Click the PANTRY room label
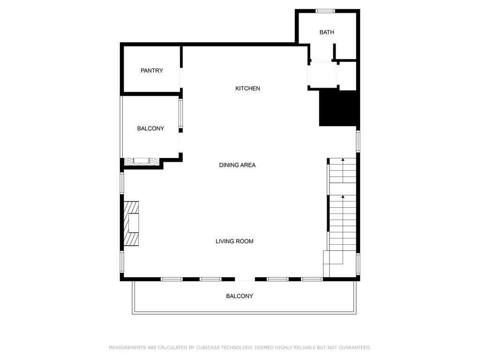151,71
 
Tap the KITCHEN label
247,89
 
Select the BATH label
327,32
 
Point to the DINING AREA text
237,165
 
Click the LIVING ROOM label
234,241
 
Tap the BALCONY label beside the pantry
150,128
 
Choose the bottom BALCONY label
240,296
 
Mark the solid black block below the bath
338,108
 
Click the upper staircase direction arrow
343,161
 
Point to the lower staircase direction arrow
343,197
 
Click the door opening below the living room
245,279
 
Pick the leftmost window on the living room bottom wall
172,279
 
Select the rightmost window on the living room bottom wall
312,279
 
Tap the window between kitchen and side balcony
180,114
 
